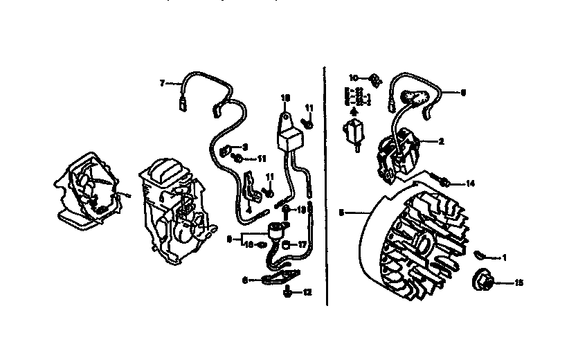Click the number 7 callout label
pyautogui.click(x=162, y=83)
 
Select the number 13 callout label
pyautogui.click(x=302, y=209)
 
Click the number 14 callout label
pyautogui.click(x=471, y=183)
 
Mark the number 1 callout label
pyautogui.click(x=504, y=258)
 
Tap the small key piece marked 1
pyautogui.click(x=480, y=256)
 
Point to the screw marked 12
pyautogui.click(x=287, y=293)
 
